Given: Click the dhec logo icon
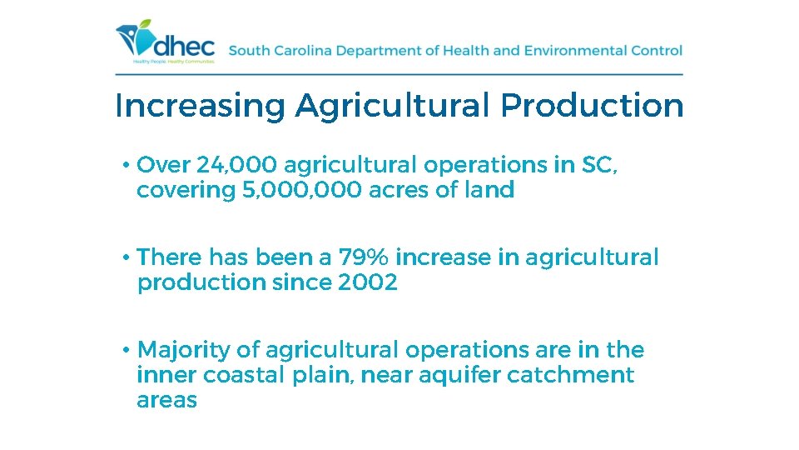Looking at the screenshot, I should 135,37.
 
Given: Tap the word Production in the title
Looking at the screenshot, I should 592,107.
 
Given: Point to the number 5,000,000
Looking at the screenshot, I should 301,191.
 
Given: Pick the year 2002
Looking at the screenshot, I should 368,282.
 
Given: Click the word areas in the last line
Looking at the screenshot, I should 166,400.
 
